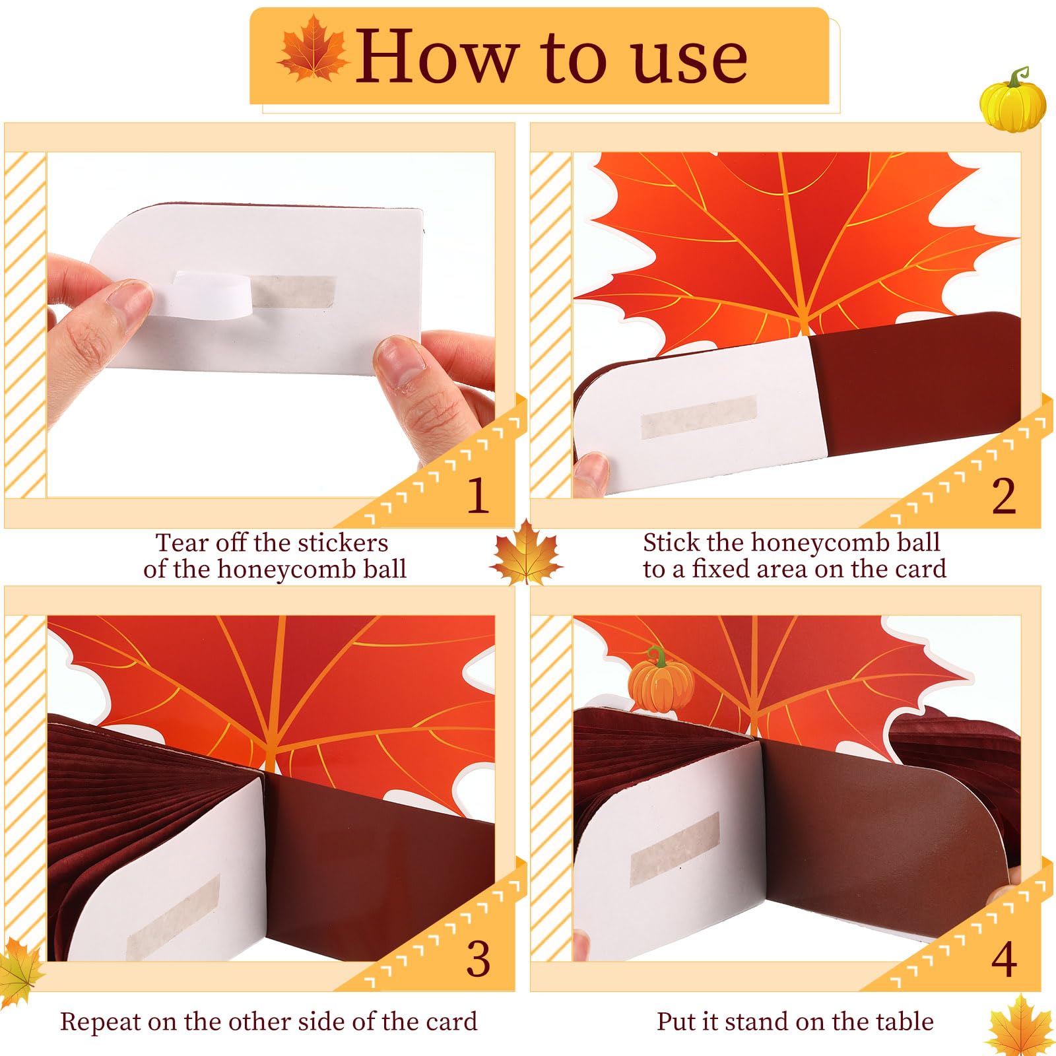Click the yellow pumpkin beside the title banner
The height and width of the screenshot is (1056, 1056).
(1013, 100)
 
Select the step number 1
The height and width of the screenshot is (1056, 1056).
(478, 495)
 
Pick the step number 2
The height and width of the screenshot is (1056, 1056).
(1003, 496)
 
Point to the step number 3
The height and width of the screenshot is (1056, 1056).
(478, 960)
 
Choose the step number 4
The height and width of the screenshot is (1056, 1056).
(1003, 960)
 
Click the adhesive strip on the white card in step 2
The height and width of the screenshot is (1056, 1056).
(698, 418)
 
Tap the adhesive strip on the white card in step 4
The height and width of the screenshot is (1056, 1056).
(675, 849)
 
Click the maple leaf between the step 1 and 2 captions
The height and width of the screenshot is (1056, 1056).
(526, 553)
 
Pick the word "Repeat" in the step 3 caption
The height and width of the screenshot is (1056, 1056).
(100, 1022)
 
